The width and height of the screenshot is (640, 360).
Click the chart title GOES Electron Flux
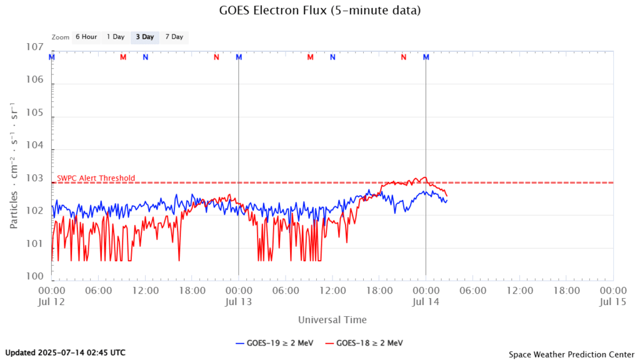pyautogui.click(x=320, y=11)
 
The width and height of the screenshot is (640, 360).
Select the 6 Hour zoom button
pyautogui.click(x=86, y=37)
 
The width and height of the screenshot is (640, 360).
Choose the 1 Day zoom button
pyautogui.click(x=116, y=37)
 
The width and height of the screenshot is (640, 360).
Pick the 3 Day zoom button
pyautogui.click(x=145, y=37)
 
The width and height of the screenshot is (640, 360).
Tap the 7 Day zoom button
pyautogui.click(x=174, y=37)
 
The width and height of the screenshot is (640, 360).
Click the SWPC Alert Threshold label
pyautogui.click(x=96, y=178)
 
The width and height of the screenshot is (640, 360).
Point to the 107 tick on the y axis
pyautogui.click(x=34, y=47)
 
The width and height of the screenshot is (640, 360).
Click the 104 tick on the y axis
pyautogui.click(x=34, y=146)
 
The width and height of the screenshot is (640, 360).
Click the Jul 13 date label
pyautogui.click(x=238, y=302)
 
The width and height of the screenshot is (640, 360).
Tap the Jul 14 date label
pyautogui.click(x=426, y=302)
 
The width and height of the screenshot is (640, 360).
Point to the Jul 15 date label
pyautogui.click(x=612, y=302)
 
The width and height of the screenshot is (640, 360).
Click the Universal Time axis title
pyautogui.click(x=332, y=320)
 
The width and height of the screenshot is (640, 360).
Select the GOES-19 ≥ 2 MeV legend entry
pyautogui.click(x=274, y=342)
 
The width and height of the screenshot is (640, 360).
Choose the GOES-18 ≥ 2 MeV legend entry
pyautogui.click(x=370, y=342)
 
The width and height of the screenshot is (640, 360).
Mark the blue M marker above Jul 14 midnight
pyautogui.click(x=426, y=57)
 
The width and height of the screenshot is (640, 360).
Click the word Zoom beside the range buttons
pyautogui.click(x=61, y=37)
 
